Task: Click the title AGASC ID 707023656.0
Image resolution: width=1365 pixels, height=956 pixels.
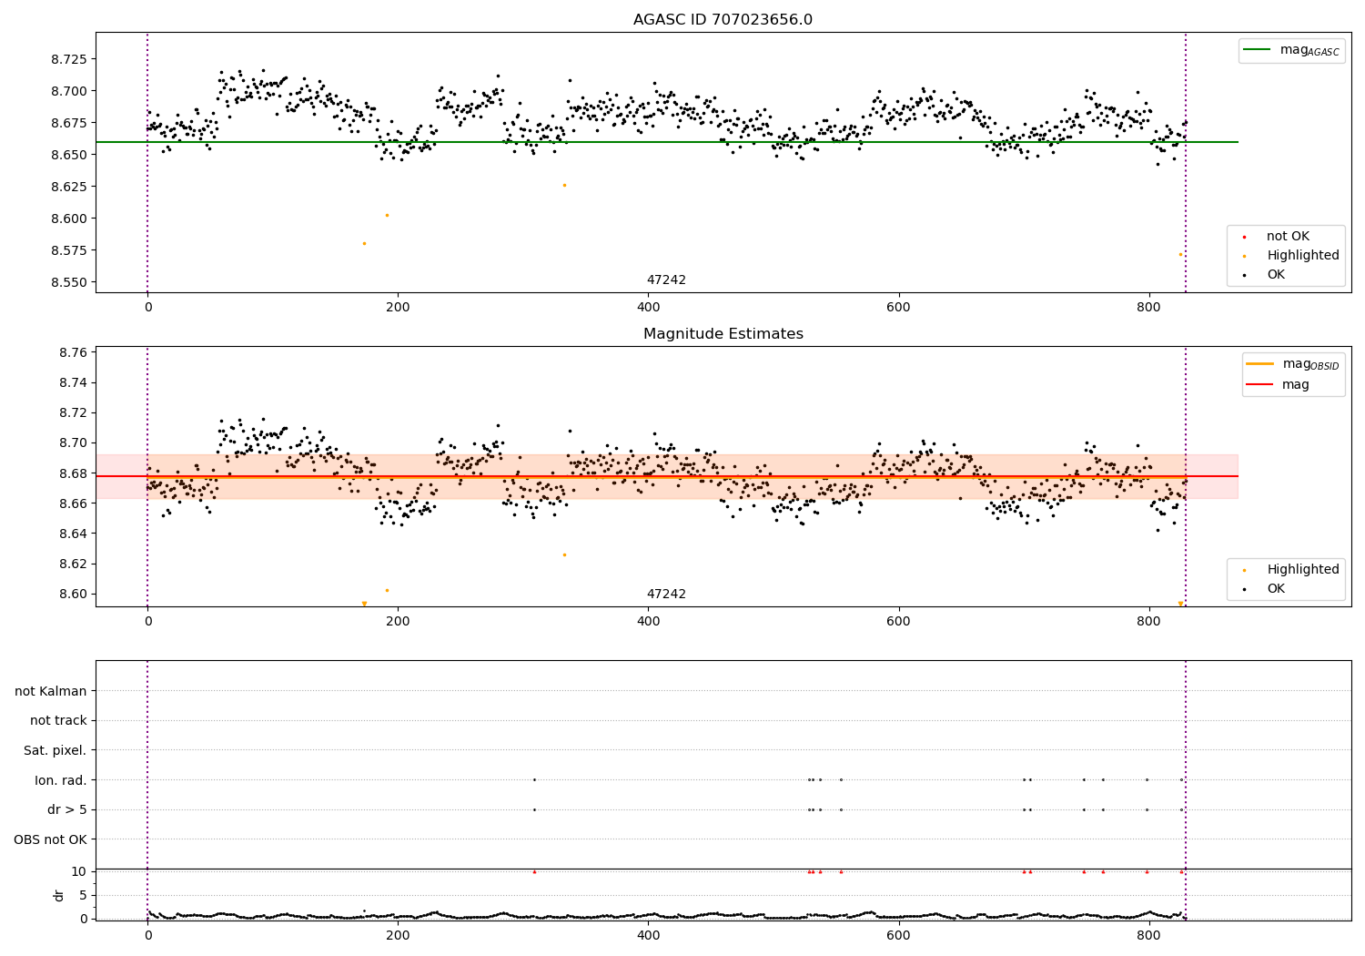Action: pos(723,20)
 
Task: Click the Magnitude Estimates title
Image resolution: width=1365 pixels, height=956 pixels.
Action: pos(723,334)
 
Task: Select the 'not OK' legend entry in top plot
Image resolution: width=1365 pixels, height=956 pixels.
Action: pos(1288,237)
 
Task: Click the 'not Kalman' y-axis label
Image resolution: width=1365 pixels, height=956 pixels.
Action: pos(51,691)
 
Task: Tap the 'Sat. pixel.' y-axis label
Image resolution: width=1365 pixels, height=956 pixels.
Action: pos(55,750)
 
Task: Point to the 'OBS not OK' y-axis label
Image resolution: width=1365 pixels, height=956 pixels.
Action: pos(50,839)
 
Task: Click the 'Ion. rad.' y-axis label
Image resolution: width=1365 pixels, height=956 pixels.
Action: pos(61,780)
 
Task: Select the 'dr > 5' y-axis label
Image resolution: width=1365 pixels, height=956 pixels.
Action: pos(67,809)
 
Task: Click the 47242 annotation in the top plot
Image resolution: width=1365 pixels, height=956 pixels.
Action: pos(666,280)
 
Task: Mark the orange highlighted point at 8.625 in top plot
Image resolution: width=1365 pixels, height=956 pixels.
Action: pos(564,185)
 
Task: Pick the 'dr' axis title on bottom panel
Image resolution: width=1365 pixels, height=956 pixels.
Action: pos(59,895)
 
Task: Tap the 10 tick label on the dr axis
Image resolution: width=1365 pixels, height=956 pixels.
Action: pos(78,871)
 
